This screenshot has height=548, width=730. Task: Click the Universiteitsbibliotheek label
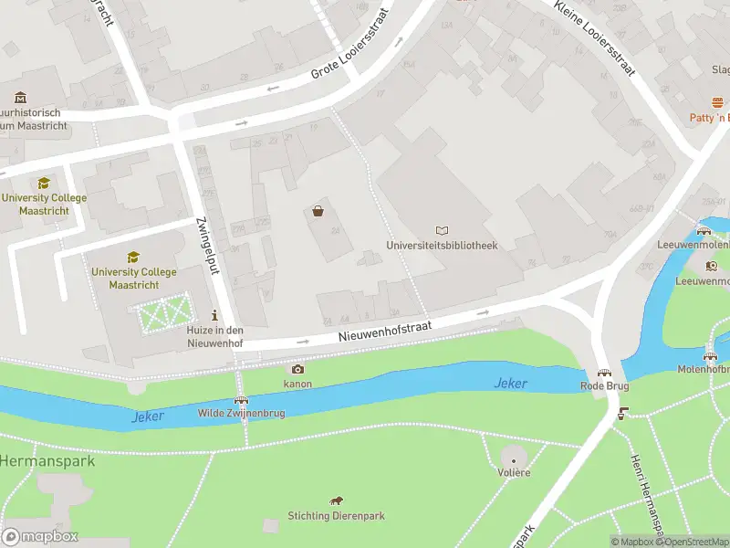pyautogui.click(x=442, y=246)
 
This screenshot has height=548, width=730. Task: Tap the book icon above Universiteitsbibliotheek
pyautogui.click(x=443, y=231)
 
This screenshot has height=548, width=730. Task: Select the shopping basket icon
pyautogui.click(x=318, y=211)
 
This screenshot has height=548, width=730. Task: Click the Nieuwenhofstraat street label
pyautogui.click(x=384, y=330)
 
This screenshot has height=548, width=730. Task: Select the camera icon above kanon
pyautogui.click(x=297, y=369)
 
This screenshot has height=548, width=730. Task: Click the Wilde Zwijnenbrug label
pyautogui.click(x=242, y=414)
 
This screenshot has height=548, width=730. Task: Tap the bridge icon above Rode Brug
pyautogui.click(x=604, y=373)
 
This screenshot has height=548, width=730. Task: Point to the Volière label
pyautogui.click(x=514, y=472)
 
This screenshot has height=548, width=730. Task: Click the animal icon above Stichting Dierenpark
pyautogui.click(x=337, y=501)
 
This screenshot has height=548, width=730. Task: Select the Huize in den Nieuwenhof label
pyautogui.click(x=215, y=337)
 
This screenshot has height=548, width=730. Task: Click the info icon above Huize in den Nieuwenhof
pyautogui.click(x=214, y=315)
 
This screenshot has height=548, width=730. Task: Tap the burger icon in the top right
pyautogui.click(x=717, y=103)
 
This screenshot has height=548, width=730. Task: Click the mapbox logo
pyautogui.click(x=40, y=537)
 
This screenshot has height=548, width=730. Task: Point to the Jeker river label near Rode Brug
pyautogui.click(x=511, y=384)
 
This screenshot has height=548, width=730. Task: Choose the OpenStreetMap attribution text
pyautogui.click(x=696, y=542)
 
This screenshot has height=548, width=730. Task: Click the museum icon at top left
pyautogui.click(x=20, y=97)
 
